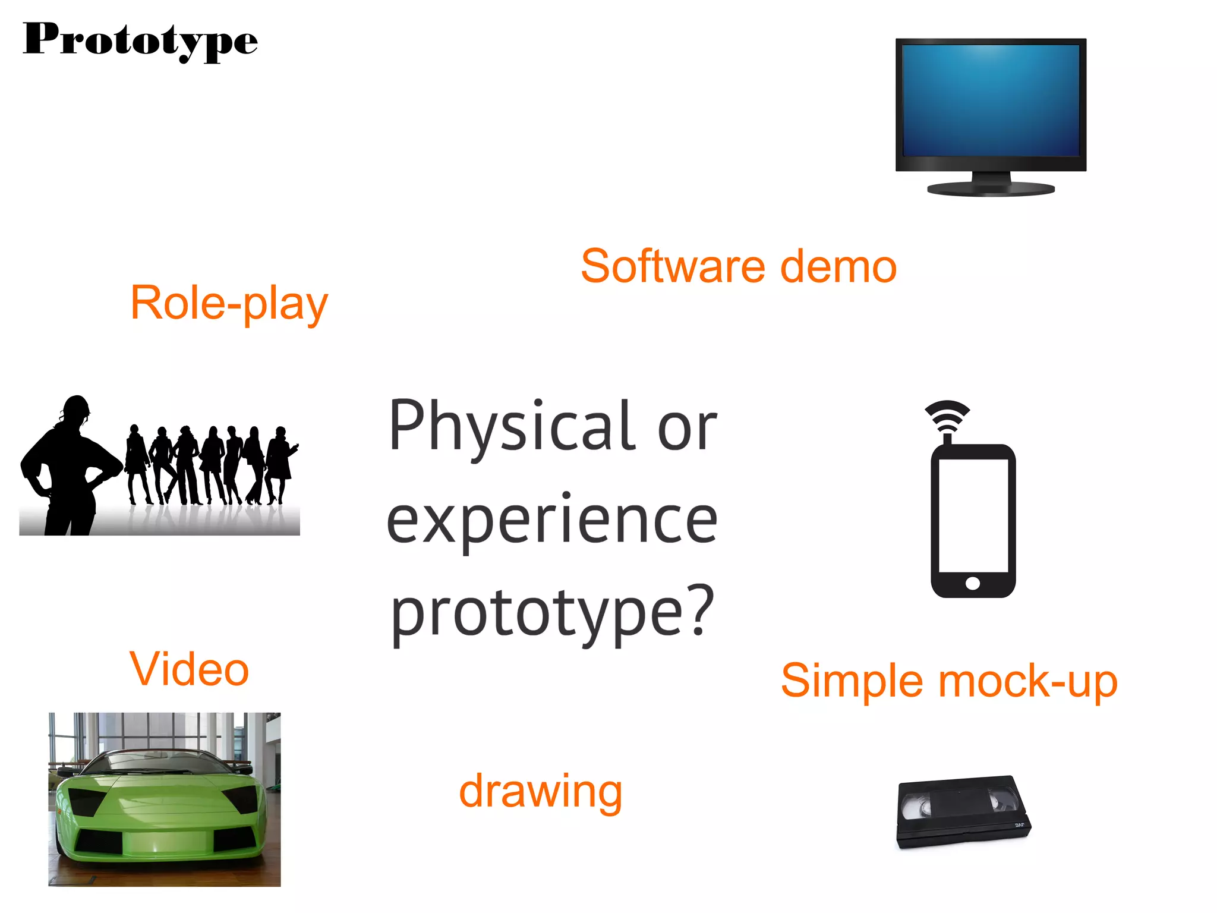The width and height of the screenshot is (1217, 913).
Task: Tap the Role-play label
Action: [x=229, y=303]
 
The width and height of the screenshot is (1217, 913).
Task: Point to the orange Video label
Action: [x=189, y=669]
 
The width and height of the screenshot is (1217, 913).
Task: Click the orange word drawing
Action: [x=540, y=792]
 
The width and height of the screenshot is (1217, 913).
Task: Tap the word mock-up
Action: [x=1027, y=681]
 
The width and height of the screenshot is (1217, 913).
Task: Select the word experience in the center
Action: [x=552, y=521]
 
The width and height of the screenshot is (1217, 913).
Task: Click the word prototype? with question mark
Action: [x=552, y=613]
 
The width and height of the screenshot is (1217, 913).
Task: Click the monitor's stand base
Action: [x=991, y=190]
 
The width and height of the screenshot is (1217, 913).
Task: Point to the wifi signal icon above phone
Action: [x=947, y=416]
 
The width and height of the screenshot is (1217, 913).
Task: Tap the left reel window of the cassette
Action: [x=916, y=807]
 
